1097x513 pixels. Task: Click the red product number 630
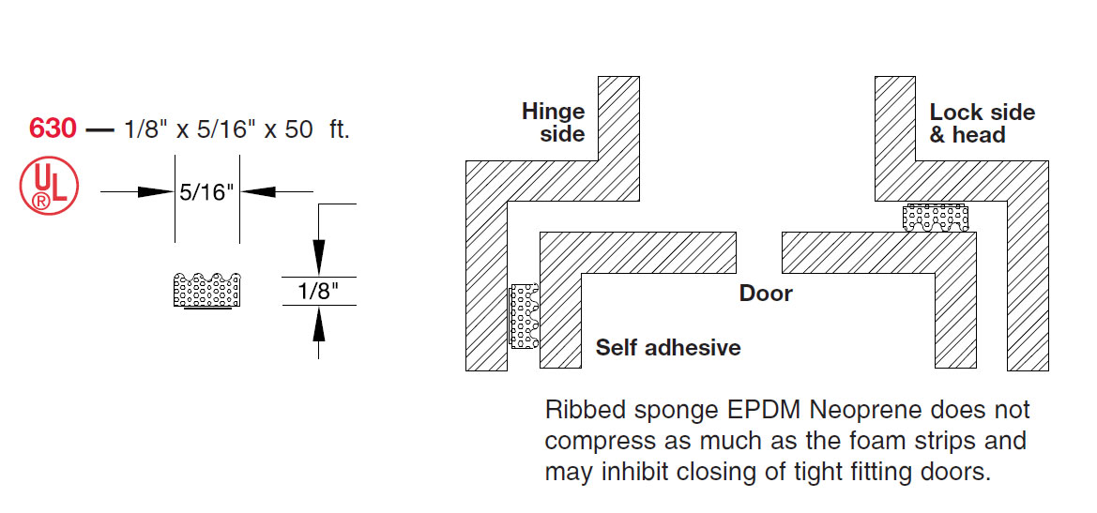pos(53,128)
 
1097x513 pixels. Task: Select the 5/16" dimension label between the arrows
pos(206,192)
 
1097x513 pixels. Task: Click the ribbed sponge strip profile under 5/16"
pos(207,290)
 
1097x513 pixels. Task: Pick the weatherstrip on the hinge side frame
pos(524,316)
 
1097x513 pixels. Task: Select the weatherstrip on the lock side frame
pos(935,218)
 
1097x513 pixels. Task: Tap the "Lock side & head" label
pos(982,123)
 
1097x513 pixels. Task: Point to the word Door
pos(766,294)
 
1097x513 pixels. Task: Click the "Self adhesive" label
pos(668,348)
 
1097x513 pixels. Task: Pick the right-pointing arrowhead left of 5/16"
pos(155,192)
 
